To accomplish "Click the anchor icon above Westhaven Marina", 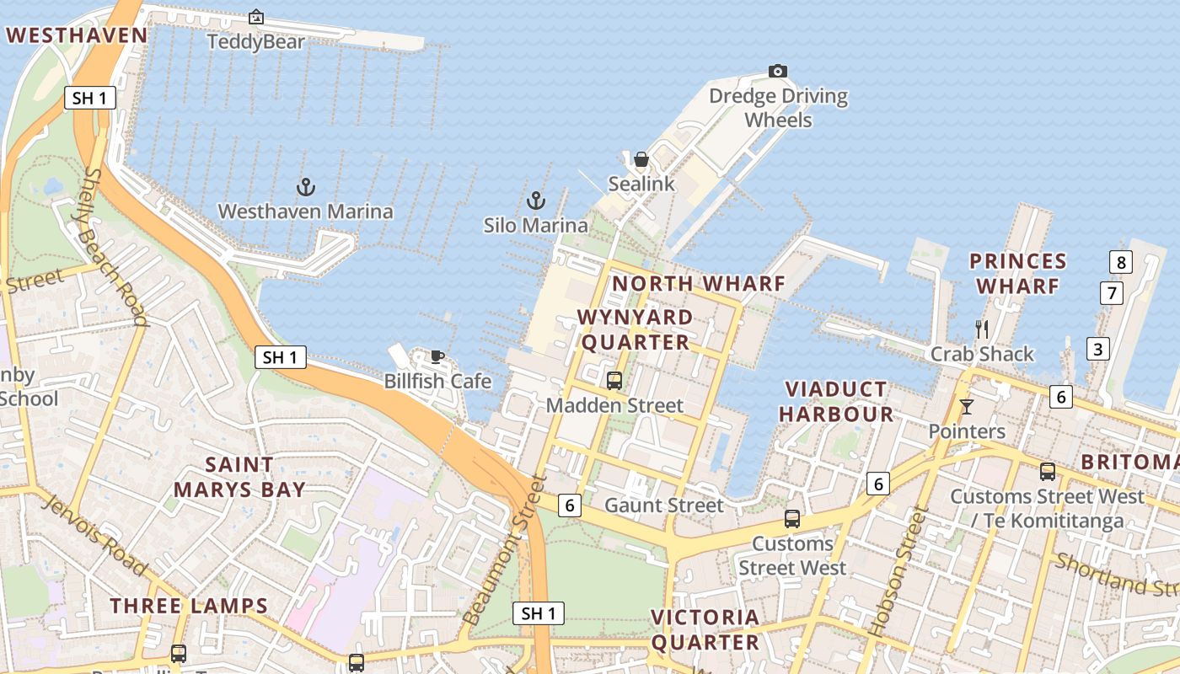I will tap(306, 187).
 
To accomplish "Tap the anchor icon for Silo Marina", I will tap(535, 201).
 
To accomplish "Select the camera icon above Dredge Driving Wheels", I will tap(778, 71).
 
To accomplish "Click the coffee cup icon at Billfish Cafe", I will tap(437, 356).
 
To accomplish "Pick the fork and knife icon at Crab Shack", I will tap(981, 329).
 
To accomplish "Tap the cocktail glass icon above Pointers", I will tap(967, 407).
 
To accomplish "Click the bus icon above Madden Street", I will tap(614, 381).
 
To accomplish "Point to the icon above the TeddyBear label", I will tap(256, 17).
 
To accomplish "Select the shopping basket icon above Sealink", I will tap(641, 159).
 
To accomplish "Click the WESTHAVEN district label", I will tap(77, 35).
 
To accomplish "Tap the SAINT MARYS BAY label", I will tap(239, 477).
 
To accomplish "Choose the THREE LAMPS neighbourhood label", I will tap(189, 606).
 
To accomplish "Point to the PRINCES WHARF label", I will tap(1017, 274).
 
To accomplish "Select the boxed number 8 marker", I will tap(1120, 262).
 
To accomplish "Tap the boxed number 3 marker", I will tap(1097, 348).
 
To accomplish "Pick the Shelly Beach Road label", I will tap(115, 246).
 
